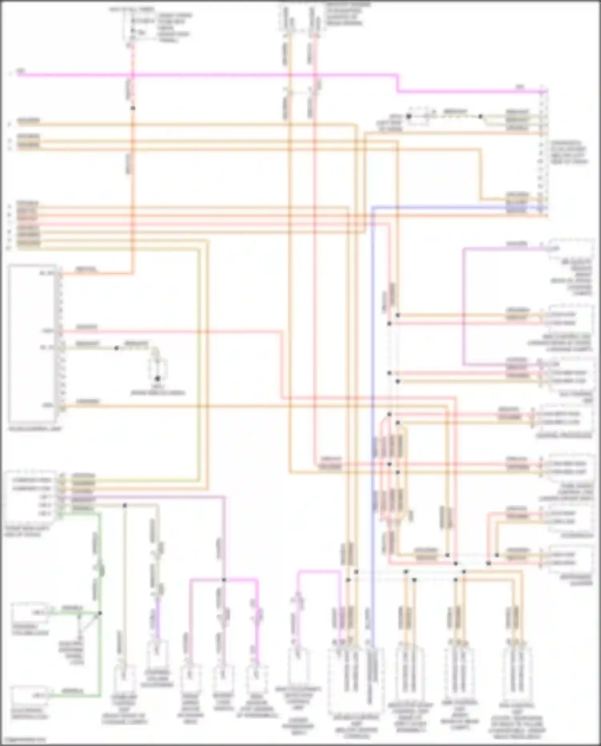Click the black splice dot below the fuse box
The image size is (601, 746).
(x=133, y=108)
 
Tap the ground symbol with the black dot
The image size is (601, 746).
(x=158, y=378)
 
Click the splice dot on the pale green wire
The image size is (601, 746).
(x=116, y=348)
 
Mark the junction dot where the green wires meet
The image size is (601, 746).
(x=100, y=613)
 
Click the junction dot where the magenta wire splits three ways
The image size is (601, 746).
(x=224, y=580)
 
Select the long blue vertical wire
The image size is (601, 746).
(x=372, y=401)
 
